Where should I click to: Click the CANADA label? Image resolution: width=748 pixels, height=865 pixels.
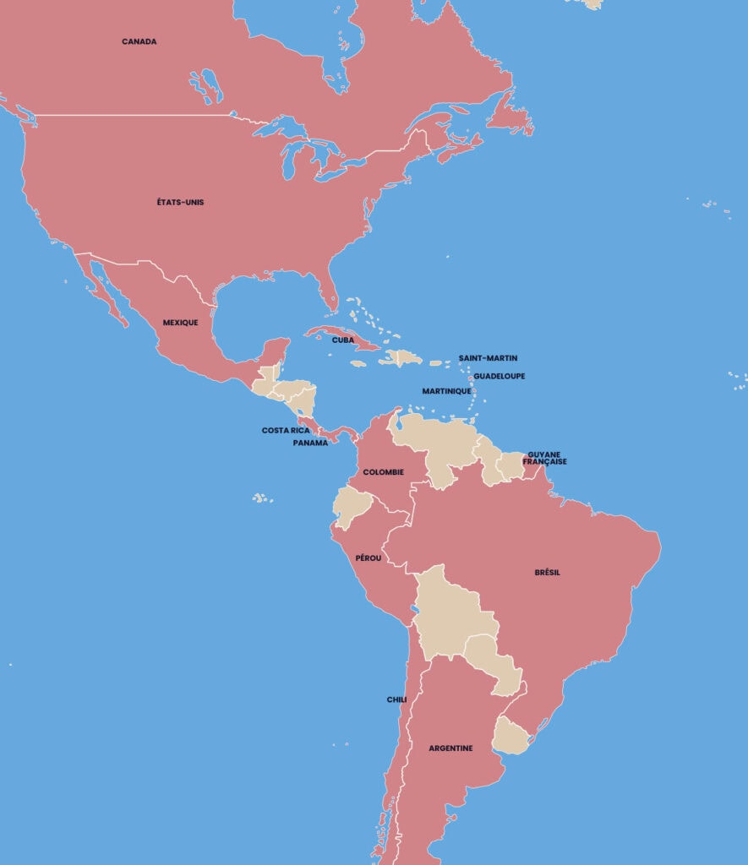point(139,41)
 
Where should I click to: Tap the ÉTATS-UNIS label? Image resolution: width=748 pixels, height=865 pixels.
point(180,203)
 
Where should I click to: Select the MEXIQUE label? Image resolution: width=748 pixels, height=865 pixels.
point(180,323)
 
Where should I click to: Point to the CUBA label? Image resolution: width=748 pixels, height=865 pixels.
point(342,340)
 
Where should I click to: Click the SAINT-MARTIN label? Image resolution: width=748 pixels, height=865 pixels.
point(488,358)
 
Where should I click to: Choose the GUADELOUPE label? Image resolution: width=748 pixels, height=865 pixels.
point(499,376)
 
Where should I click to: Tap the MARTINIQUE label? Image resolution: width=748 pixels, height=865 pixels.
point(446,391)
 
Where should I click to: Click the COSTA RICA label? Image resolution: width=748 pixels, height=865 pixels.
point(286,431)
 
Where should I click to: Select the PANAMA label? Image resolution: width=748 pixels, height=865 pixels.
point(310,443)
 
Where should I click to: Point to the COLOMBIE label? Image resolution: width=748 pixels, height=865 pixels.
point(383,472)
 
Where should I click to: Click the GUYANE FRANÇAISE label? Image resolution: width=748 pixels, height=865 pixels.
point(544,458)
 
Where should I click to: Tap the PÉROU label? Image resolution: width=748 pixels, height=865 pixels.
point(368,558)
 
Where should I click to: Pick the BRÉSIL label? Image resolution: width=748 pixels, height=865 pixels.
point(547,573)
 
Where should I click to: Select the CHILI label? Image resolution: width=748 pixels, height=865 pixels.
point(396,699)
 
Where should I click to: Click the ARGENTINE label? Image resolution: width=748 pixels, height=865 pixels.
point(450,748)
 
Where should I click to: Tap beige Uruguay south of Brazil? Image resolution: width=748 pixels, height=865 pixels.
point(510,735)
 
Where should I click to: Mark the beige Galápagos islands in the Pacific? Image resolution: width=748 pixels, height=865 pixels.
point(263,498)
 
